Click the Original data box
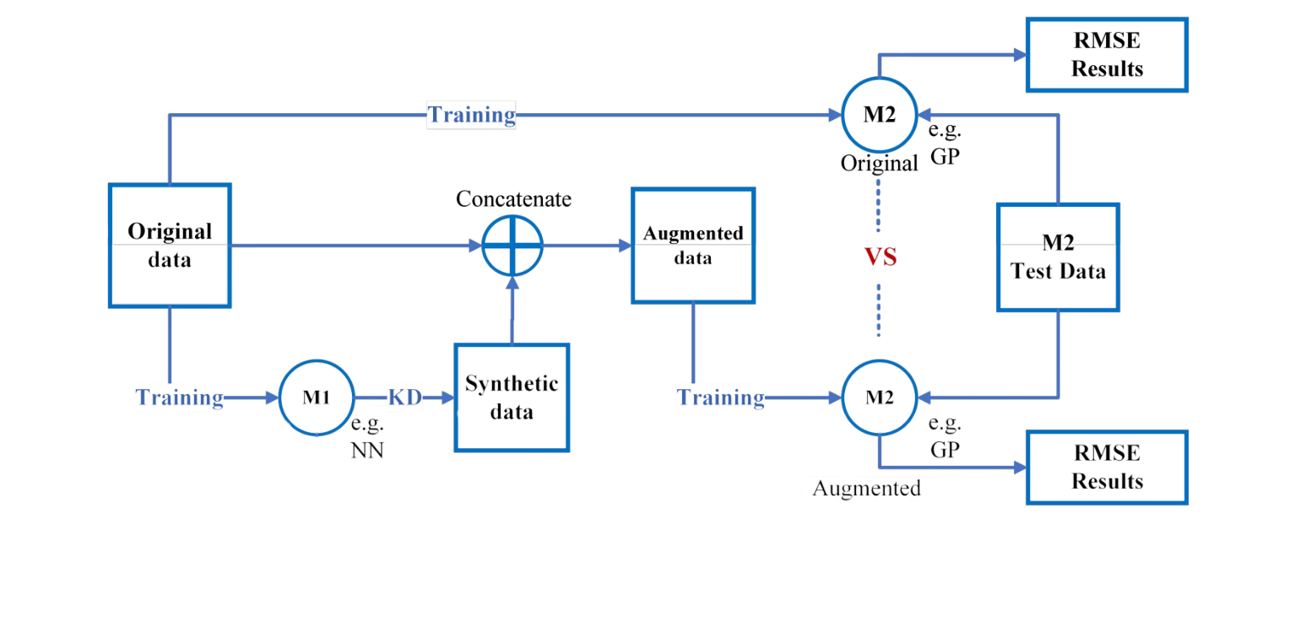pos(170,245)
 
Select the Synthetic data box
pos(512,397)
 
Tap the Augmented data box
pos(693,245)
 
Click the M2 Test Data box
pos(1058,257)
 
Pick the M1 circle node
pos(317,398)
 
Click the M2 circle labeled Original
pos(879,116)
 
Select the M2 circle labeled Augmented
pos(879,398)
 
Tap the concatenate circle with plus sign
pos(512,246)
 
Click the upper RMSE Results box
pos(1107,55)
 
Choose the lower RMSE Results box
pos(1107,468)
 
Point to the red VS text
pos(880,257)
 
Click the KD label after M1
pos(404,398)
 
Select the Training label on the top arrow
pos(471,115)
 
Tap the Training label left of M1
pos(180,398)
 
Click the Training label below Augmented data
pos(721,398)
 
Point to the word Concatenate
pos(513,199)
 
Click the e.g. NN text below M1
pos(367,437)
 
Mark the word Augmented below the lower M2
pos(866,488)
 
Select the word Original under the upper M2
pos(879,164)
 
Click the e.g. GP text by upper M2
pos(945,143)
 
